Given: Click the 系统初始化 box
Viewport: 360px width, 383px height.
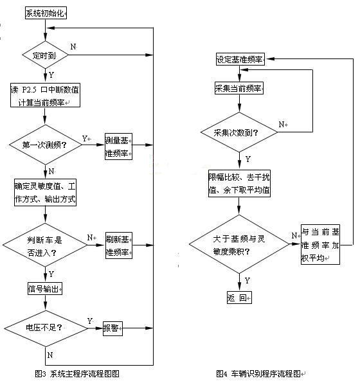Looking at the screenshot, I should coord(46,13).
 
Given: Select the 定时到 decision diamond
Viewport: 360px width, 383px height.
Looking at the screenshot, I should coord(45,55).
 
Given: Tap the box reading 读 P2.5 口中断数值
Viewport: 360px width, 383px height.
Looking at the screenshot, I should coord(45,94).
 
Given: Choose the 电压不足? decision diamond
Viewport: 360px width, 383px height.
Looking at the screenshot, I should coord(45,328).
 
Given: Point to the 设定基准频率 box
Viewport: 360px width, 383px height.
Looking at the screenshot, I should coord(239,60).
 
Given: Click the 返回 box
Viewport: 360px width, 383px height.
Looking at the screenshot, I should coord(239,298).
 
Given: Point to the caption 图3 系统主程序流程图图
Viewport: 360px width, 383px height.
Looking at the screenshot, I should coord(77,373).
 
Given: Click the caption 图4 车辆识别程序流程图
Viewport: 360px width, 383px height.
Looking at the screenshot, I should coord(264,373).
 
